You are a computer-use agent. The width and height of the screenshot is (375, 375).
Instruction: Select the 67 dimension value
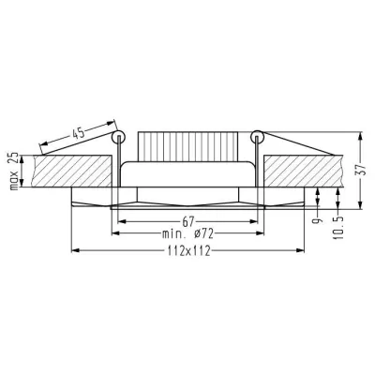click(188, 220)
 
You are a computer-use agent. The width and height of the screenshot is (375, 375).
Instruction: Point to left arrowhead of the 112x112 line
click(75, 250)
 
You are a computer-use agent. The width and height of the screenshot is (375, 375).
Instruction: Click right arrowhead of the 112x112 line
click(303, 250)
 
